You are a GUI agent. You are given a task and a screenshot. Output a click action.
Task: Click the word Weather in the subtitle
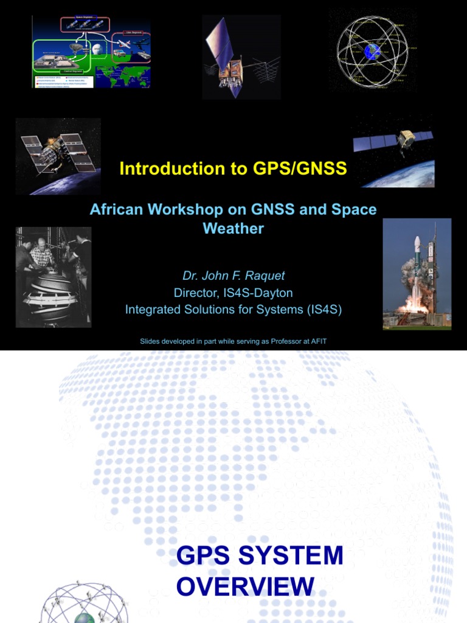pyautogui.click(x=233, y=229)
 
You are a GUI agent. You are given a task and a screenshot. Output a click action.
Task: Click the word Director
pyautogui.click(x=198, y=293)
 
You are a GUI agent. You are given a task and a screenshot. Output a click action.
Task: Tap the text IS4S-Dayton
pyautogui.click(x=260, y=293)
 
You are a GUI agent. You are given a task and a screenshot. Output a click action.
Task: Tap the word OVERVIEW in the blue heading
pyautogui.click(x=245, y=586)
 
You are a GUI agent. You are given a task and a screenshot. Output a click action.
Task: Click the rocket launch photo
pyautogui.click(x=417, y=274)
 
